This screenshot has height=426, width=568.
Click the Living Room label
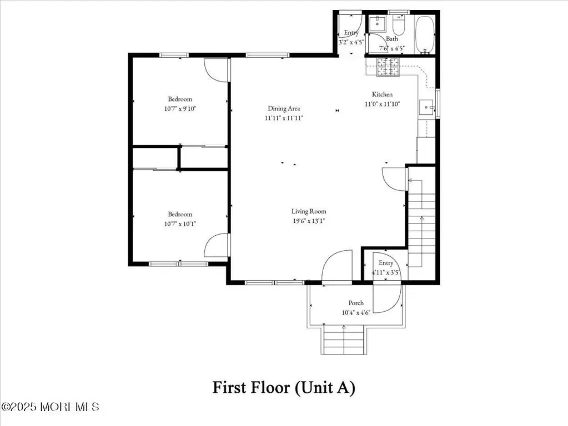coord(309,211)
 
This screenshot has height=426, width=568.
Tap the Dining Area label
coord(284,108)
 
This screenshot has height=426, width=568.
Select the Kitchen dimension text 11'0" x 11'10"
coord(382,104)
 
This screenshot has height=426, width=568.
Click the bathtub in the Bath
coord(425,35)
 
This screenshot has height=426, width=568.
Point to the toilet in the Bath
coord(399,23)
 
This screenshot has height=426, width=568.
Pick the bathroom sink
coord(378,23)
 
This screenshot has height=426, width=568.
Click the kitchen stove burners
coord(388,67)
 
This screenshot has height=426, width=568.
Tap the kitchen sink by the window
coord(427,108)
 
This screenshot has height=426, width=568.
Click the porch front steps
coord(343,339)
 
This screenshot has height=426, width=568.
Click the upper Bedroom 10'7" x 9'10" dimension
coord(180,109)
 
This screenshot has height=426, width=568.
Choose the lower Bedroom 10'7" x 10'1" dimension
coord(180,224)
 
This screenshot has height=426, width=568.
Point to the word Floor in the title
coord(272,388)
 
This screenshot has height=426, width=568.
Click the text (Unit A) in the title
coord(325,388)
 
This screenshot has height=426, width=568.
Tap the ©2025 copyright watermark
coord(50,407)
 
